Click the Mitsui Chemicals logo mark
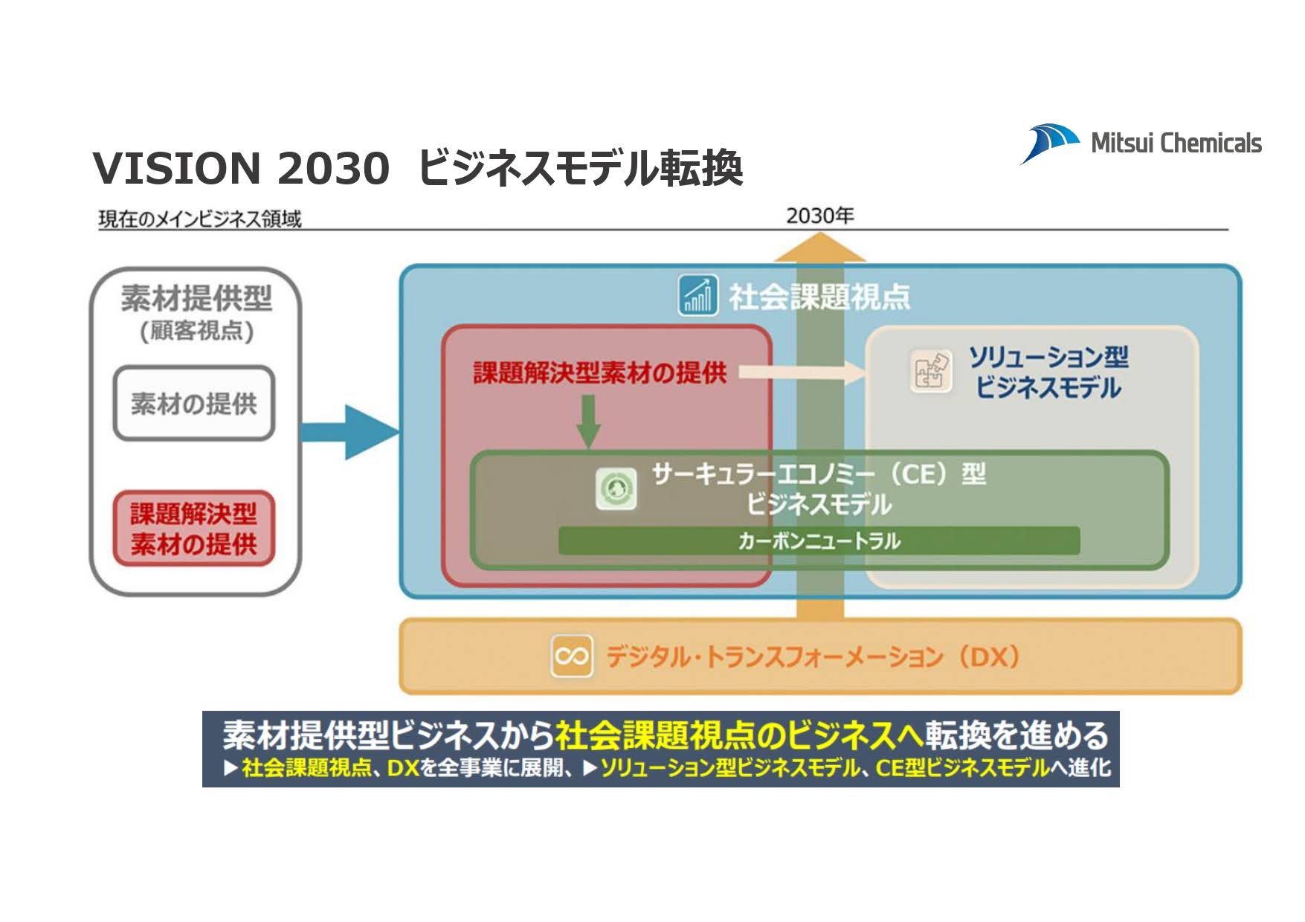point(1049,143)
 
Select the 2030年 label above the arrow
point(819,216)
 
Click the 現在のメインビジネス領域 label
point(200,219)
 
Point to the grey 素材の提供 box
point(194,404)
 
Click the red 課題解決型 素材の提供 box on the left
point(194,529)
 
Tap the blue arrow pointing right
point(349,432)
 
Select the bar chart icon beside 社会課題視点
point(697,295)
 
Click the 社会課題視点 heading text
point(819,297)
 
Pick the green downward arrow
point(588,421)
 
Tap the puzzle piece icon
point(930,371)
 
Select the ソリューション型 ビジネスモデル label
point(1048,373)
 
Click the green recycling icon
point(616,489)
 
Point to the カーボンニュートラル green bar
point(819,541)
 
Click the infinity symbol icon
point(571,656)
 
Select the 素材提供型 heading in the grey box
point(196,298)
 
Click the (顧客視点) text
point(196,330)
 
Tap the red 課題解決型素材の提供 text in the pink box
point(599,373)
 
